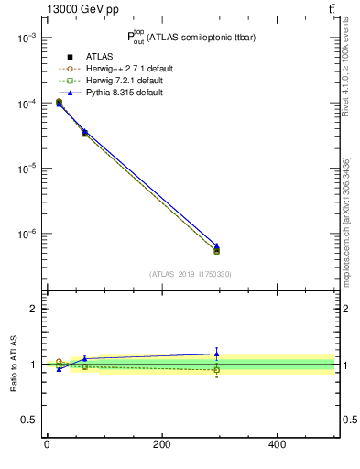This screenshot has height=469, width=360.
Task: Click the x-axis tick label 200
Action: tap(161, 445)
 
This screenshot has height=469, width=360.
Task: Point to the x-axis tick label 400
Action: tap(277, 445)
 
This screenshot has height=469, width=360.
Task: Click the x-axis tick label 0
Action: tap(47, 445)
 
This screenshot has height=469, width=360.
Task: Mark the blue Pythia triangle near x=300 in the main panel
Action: tap(216, 245)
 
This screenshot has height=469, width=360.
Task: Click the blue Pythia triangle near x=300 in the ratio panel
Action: tap(216, 354)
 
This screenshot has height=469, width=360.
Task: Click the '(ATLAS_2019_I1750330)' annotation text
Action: tap(190, 274)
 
